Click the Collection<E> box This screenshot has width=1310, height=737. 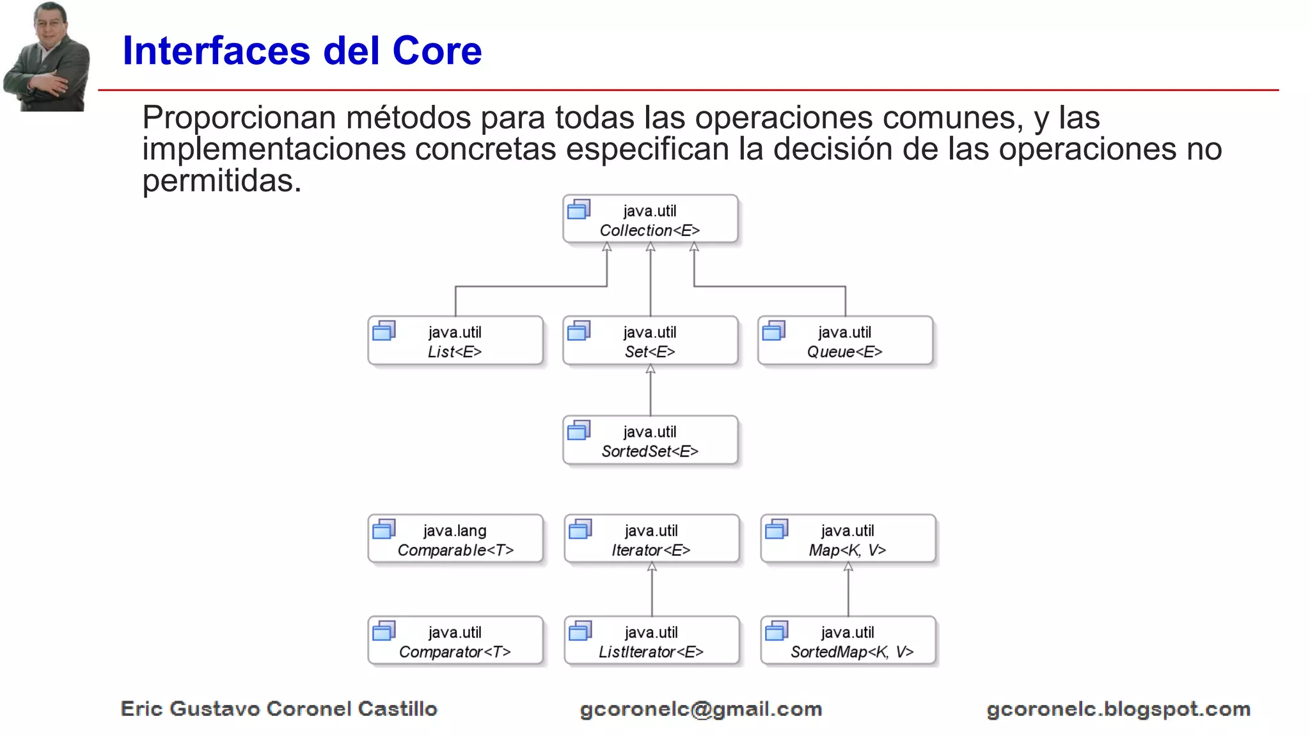tap(650, 219)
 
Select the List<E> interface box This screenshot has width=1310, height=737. tap(455, 341)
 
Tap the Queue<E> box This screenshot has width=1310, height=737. tap(845, 341)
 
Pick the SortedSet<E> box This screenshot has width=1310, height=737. tap(650, 441)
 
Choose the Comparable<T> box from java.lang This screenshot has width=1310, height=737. tap(455, 539)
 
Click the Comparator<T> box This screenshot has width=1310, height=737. tap(455, 641)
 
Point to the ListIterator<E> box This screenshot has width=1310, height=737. tap(651, 641)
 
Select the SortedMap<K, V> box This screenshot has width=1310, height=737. tap(848, 641)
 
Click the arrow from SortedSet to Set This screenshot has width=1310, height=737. tap(651, 390)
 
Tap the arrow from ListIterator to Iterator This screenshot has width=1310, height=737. tap(652, 589)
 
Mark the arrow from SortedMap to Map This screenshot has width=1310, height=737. tap(848, 589)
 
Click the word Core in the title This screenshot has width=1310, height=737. tap(437, 51)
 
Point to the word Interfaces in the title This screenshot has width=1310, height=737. tap(217, 51)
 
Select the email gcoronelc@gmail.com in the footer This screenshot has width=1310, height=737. tap(700, 709)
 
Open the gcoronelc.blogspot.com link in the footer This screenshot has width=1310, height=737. tap(1118, 709)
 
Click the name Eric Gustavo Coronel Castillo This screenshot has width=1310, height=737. tap(279, 709)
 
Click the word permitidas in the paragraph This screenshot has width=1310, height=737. tap(221, 181)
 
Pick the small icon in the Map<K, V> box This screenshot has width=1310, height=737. tap(777, 529)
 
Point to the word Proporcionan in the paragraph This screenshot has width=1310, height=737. tap(239, 118)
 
